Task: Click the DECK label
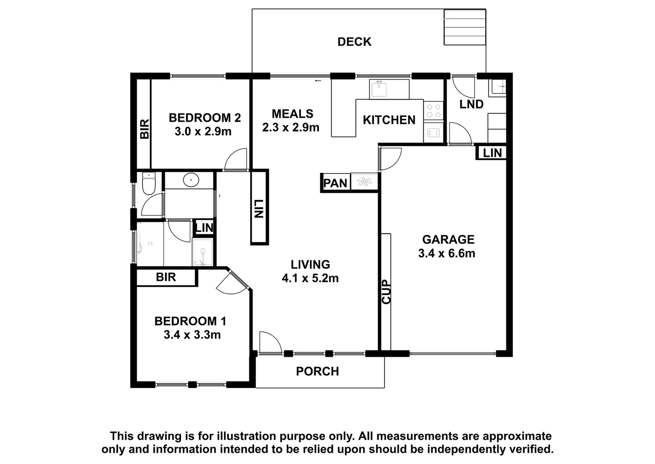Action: click(355, 42)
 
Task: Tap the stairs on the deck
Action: click(465, 27)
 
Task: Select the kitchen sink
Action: click(379, 89)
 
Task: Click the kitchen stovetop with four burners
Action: click(434, 111)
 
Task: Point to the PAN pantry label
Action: click(335, 183)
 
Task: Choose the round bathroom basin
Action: click(191, 180)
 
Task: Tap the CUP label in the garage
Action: click(386, 292)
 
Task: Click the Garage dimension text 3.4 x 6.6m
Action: click(447, 253)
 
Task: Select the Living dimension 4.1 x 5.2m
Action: click(310, 278)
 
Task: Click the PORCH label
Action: click(318, 371)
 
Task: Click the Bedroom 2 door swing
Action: click(236, 159)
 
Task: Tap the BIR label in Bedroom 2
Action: click(145, 129)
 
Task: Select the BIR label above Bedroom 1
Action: click(166, 277)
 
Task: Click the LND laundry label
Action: click(471, 105)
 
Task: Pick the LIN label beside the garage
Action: click(492, 153)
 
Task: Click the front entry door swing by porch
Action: click(270, 343)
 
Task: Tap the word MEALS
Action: click(292, 114)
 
